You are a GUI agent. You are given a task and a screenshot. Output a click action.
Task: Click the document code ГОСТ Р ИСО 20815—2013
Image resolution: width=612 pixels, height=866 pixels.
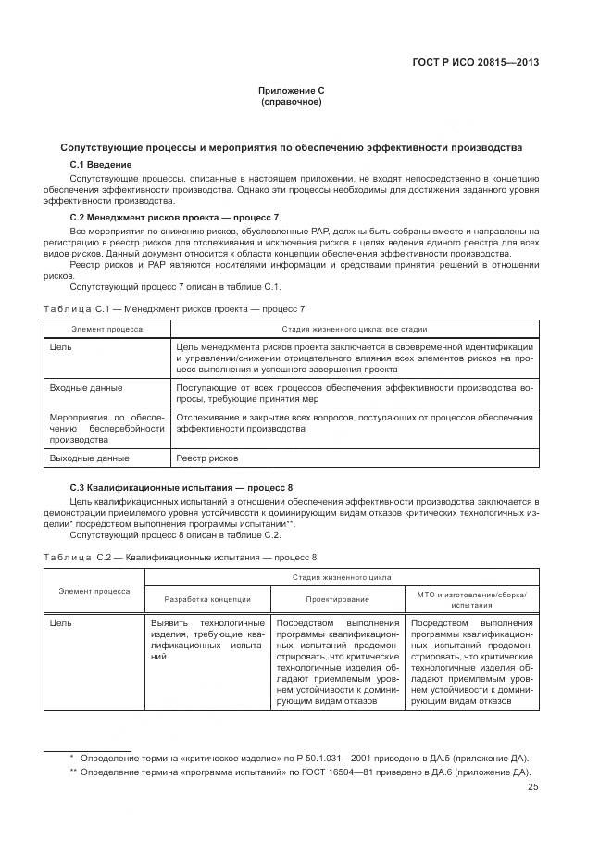point(475,63)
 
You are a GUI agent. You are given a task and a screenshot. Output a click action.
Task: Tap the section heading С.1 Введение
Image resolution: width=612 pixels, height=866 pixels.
point(101,164)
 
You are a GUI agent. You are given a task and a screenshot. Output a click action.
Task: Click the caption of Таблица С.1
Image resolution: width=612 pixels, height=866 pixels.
point(174,307)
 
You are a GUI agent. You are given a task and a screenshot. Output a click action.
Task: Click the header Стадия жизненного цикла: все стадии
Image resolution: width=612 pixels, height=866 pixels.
point(355,328)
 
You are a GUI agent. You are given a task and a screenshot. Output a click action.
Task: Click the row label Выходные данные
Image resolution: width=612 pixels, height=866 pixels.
point(89,458)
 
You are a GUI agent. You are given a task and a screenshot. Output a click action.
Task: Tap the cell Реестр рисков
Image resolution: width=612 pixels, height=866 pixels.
point(206,458)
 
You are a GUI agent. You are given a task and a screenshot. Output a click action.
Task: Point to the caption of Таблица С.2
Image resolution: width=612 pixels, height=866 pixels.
point(181,557)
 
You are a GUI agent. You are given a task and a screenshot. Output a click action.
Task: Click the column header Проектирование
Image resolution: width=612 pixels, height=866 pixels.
point(336,599)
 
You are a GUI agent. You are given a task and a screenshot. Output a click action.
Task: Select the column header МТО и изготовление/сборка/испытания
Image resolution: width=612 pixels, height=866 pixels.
point(471,598)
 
